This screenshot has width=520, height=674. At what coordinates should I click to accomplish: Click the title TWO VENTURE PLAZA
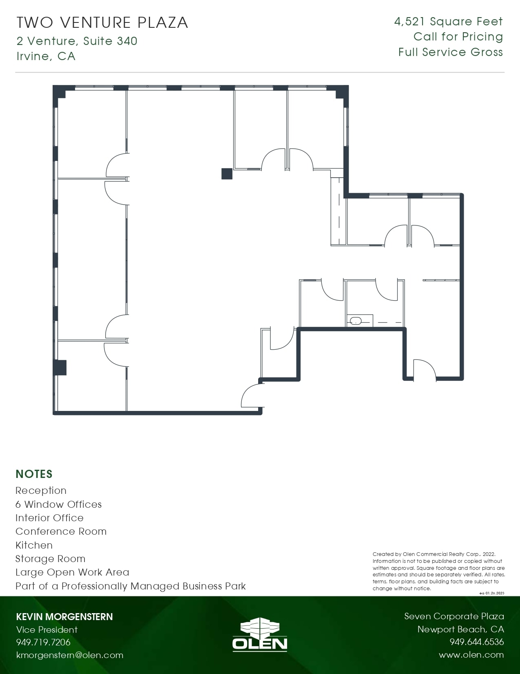pos(102,22)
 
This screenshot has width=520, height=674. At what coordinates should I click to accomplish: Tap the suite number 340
pos(127,41)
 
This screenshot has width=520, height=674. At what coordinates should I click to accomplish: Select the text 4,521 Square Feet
pos(449,21)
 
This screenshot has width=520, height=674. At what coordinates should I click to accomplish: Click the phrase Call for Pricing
pos(458,37)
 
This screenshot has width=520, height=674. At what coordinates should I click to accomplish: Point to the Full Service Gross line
pos(451,52)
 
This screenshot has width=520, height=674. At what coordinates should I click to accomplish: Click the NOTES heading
pos(34,474)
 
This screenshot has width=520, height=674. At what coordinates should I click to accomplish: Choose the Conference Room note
pos(61,531)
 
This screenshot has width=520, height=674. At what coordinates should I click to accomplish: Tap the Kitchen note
pos(34,545)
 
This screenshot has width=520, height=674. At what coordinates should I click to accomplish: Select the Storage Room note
pos(51,559)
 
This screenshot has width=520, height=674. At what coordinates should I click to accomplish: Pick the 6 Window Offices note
pos(59,504)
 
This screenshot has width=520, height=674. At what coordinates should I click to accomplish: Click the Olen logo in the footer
pos(260,634)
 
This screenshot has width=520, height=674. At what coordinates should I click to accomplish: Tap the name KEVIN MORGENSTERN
pos(64,617)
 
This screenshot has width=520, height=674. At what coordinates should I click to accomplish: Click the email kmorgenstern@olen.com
pos(70,655)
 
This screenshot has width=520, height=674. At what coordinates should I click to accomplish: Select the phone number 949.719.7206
pos(43,642)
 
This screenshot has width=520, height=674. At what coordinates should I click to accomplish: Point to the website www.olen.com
pos(471,655)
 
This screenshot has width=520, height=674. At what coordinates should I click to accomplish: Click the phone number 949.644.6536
pos(477,642)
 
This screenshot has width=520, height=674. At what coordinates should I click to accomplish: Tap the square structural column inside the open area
pos(227,174)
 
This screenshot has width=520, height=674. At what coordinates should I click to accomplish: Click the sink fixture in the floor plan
pos(356,321)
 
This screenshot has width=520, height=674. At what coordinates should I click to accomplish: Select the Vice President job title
pos(47,629)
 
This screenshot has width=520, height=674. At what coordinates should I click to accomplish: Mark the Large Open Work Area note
pos(73,572)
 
